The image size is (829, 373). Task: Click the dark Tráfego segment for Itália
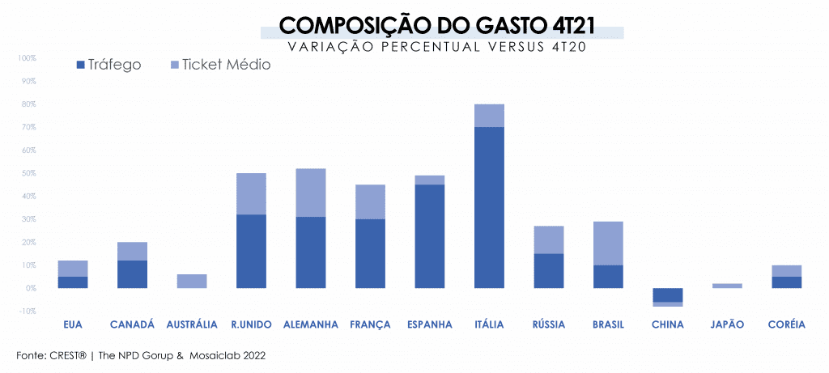point(489,207)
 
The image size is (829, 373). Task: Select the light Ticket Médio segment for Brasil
point(607,243)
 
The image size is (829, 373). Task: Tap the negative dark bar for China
point(667,295)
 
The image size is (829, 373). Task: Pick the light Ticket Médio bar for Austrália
point(192,281)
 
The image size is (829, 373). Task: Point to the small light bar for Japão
point(727,286)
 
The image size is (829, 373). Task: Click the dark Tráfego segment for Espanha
point(429,236)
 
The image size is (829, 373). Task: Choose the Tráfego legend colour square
point(79,65)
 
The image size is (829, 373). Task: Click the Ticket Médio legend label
point(227,65)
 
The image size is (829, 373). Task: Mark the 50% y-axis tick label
point(28,173)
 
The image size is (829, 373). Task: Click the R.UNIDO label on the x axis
point(251,325)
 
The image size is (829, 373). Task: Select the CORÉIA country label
point(786,325)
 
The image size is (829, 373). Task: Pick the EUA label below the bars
point(73,325)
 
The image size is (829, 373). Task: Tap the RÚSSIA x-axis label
point(548,325)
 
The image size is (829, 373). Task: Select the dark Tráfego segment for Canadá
point(132,274)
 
